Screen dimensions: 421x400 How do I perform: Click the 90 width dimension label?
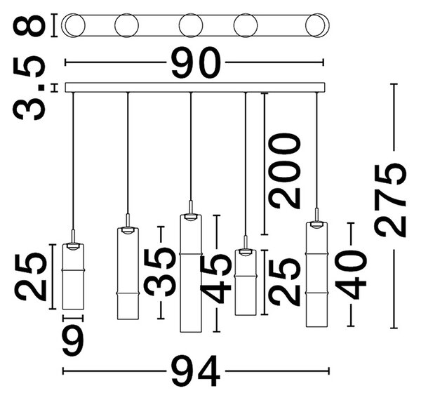click(196, 63)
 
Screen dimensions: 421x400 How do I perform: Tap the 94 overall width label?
click(196, 371)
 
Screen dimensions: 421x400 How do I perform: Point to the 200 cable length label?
click(286, 171)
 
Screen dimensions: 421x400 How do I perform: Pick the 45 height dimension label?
click(216, 278)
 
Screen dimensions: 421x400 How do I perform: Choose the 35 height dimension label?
click(160, 272)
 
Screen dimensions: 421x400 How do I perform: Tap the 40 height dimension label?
click(351, 274)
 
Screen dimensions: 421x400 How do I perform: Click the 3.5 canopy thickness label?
click(29, 88)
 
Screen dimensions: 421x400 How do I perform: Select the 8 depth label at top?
click(29, 25)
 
